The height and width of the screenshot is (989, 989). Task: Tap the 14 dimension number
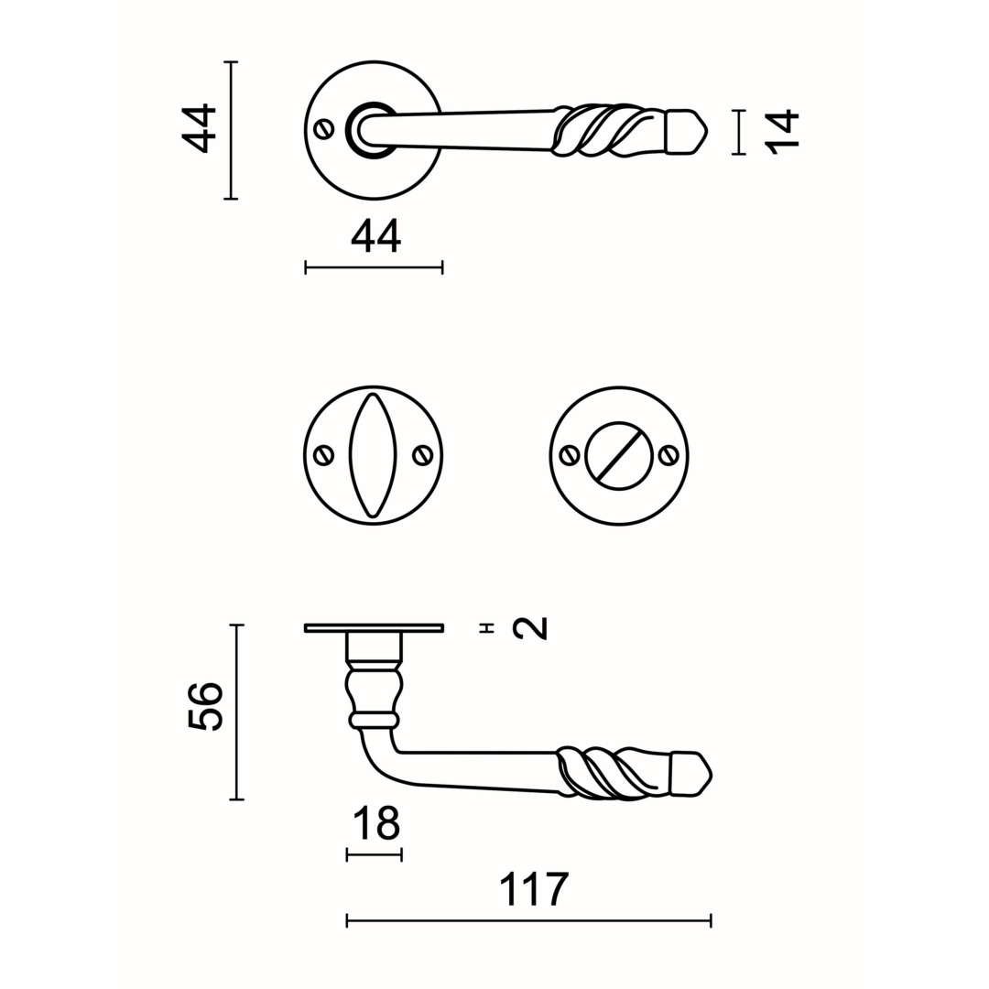pyautogui.click(x=782, y=132)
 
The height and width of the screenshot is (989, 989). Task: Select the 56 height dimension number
pyautogui.click(x=206, y=706)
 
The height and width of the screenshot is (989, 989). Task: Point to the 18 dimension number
pyautogui.click(x=376, y=823)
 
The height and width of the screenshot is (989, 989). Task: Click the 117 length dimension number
pyautogui.click(x=534, y=889)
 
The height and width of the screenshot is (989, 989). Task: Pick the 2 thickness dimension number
pyautogui.click(x=530, y=628)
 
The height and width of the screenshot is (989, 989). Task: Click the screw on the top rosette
pyautogui.click(x=324, y=129)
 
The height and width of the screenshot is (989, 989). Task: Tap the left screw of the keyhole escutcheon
pyautogui.click(x=325, y=455)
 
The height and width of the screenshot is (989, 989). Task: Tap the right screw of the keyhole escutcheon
pyautogui.click(x=422, y=455)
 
